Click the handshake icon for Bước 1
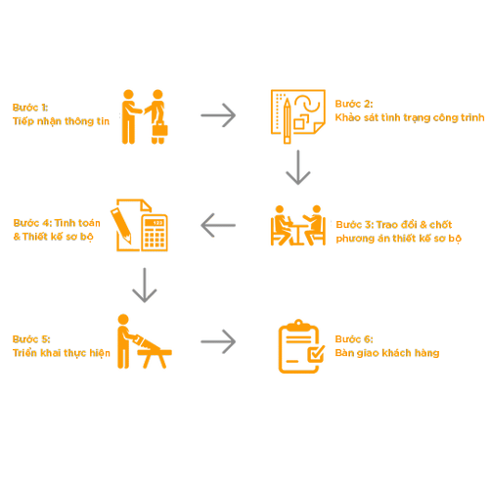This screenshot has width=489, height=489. point(145,116)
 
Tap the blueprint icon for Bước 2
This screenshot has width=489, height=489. point(298,116)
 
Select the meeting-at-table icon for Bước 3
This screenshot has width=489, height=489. point(298,225)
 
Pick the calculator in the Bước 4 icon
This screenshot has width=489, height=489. point(155,233)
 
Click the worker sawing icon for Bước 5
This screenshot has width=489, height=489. point(144,341)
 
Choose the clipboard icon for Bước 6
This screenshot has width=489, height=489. point(301,346)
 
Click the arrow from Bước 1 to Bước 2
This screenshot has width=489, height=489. point(218,115)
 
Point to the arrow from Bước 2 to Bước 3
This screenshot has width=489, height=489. point(298,167)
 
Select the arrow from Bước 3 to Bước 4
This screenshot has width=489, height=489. point(218,225)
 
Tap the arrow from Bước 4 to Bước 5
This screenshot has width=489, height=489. point(145,286)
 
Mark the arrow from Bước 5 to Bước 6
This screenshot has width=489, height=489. point(218,341)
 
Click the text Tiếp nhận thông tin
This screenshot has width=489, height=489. point(61,121)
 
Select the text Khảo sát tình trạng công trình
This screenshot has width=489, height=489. point(410,117)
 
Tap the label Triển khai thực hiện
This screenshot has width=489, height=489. point(62,353)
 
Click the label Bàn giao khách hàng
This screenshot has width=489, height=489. point(387,353)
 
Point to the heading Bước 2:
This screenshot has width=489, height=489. point(354,104)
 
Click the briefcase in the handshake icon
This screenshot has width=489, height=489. point(159,128)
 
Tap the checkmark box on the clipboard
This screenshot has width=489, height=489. point(316,354)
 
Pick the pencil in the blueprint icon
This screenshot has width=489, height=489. point(287,120)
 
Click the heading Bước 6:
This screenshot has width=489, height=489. point(354,339)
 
